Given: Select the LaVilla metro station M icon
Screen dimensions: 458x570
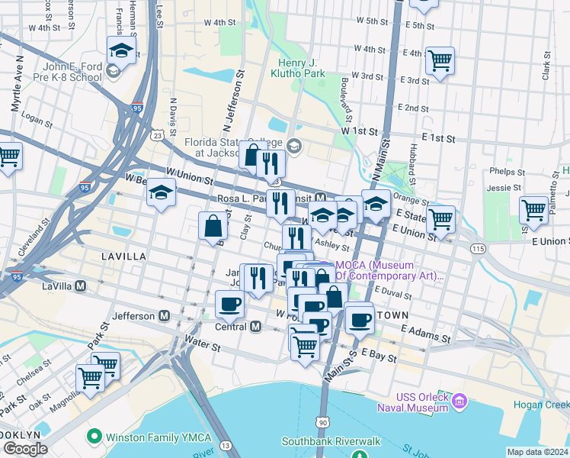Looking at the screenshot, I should pos(80,285).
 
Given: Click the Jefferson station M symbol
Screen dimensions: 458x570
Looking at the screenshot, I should pos(164,315).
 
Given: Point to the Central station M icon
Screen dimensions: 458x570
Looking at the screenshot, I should pos(255,327).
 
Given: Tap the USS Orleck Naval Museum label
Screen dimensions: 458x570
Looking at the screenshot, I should pos(411,402).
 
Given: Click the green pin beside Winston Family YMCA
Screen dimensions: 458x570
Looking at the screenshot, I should pos(94,437).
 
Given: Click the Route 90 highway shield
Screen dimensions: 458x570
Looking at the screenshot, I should pos(323,422).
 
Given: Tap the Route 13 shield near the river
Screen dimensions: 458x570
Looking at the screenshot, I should pos(225,445).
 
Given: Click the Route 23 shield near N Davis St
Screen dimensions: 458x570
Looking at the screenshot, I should pos(157,135).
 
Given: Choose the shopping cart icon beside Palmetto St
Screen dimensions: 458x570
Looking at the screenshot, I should pos(534,210).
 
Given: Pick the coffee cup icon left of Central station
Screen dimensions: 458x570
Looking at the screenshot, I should pos(229,305).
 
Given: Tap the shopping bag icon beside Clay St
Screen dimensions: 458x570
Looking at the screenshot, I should pos(213,226).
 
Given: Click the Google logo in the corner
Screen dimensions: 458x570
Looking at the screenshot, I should pos(24,449).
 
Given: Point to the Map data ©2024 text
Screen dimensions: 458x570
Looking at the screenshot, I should pos(537,452).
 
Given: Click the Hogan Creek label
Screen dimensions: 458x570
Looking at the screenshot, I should pos(550,404).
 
